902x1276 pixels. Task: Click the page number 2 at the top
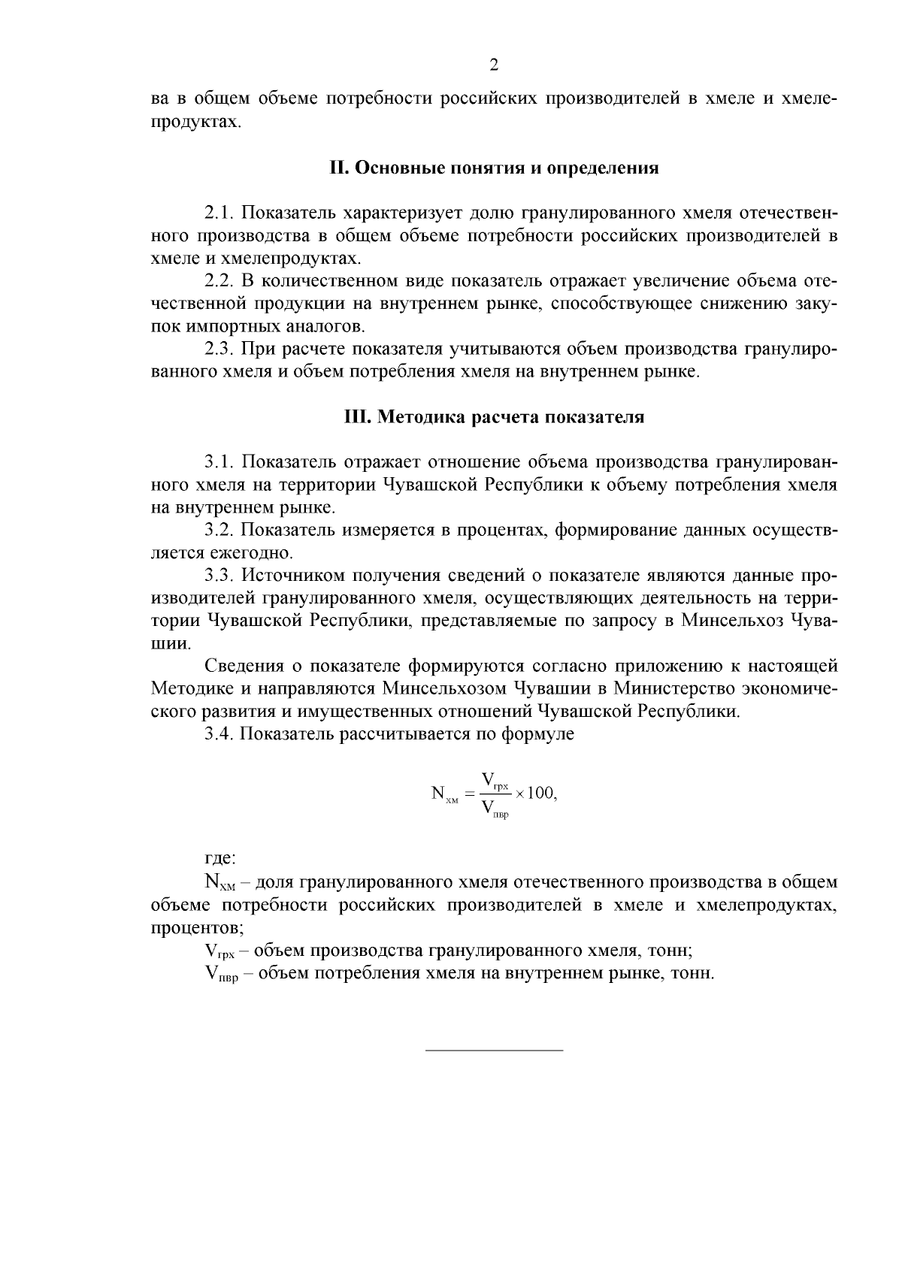point(494,65)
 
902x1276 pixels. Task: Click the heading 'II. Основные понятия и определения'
point(494,168)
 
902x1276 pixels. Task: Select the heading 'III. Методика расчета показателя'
point(494,417)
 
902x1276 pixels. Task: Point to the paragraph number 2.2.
point(219,282)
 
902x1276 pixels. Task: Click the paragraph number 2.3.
point(219,349)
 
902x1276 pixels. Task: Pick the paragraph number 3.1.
point(219,462)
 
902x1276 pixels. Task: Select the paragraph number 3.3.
point(219,576)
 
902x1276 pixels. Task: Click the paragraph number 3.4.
point(219,734)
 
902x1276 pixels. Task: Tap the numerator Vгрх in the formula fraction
point(495,780)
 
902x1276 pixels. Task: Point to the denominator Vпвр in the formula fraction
point(495,809)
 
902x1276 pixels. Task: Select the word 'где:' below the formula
point(220,858)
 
